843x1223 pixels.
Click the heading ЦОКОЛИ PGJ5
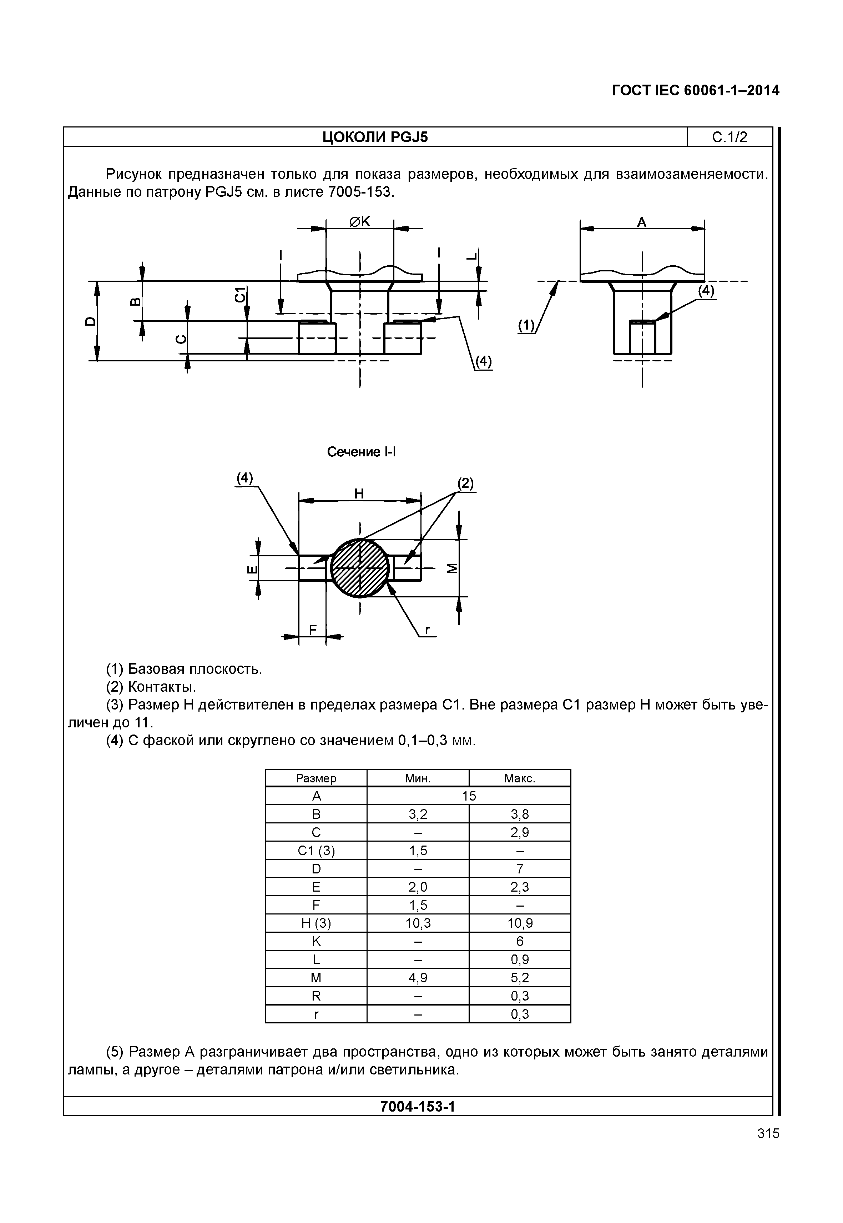pyautogui.click(x=375, y=137)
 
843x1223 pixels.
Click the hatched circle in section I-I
pyautogui.click(x=360, y=568)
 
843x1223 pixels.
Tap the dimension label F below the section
pyautogui.click(x=313, y=630)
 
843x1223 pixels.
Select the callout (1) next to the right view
pyautogui.click(x=526, y=326)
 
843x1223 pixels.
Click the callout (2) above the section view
pyautogui.click(x=465, y=483)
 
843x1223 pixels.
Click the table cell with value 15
pyautogui.click(x=469, y=796)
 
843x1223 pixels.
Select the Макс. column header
pyautogui.click(x=520, y=778)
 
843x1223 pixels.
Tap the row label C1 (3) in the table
pyautogui.click(x=316, y=851)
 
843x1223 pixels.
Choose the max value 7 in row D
pyautogui.click(x=520, y=868)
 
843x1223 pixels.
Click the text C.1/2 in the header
pyautogui.click(x=730, y=137)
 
